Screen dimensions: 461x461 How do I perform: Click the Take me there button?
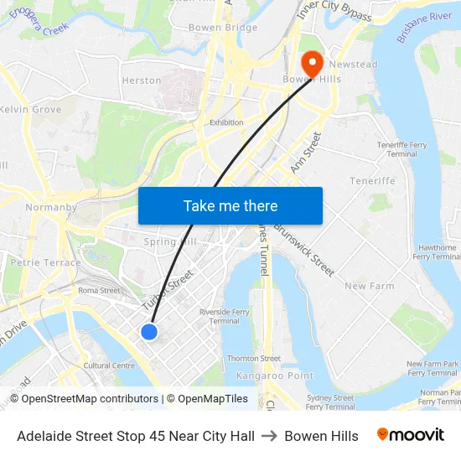tap(230, 206)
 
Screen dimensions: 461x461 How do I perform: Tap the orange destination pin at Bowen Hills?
tap(311, 62)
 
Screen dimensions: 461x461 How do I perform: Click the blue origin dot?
tap(149, 332)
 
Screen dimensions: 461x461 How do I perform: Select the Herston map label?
tap(141, 80)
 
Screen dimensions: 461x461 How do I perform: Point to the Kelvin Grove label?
tap(30, 110)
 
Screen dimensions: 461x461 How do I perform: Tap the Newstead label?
tap(353, 65)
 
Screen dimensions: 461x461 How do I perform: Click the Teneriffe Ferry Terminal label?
tap(401, 149)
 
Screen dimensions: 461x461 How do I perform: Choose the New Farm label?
tap(369, 286)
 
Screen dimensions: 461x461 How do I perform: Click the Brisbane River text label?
tap(424, 28)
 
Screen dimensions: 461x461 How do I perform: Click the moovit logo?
tap(410, 435)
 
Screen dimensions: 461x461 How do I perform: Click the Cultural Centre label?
tap(109, 365)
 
